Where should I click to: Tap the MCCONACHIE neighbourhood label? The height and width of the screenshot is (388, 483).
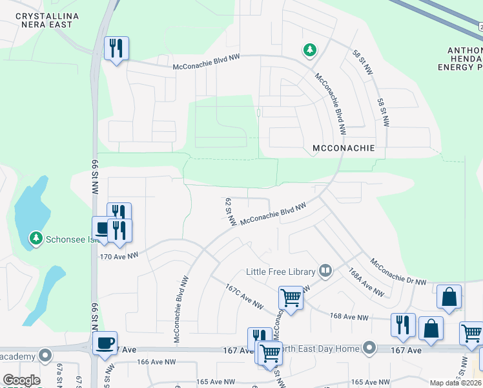[343, 148]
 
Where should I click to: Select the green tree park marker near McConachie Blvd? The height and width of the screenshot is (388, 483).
[311, 49]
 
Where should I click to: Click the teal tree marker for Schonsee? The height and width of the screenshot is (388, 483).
[36, 239]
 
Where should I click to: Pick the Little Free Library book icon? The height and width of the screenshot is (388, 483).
[326, 272]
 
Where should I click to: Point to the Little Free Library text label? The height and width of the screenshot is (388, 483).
[281, 272]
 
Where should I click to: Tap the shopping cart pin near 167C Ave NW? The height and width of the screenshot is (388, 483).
[291, 298]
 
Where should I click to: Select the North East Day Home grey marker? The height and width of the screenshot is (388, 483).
[369, 349]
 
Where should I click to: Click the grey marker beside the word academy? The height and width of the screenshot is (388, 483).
[45, 355]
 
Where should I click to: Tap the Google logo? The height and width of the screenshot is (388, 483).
[21, 380]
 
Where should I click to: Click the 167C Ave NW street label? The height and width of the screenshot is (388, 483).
[245, 296]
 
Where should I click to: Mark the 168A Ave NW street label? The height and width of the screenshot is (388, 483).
[366, 282]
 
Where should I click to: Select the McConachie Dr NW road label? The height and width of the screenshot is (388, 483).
[398, 272]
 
